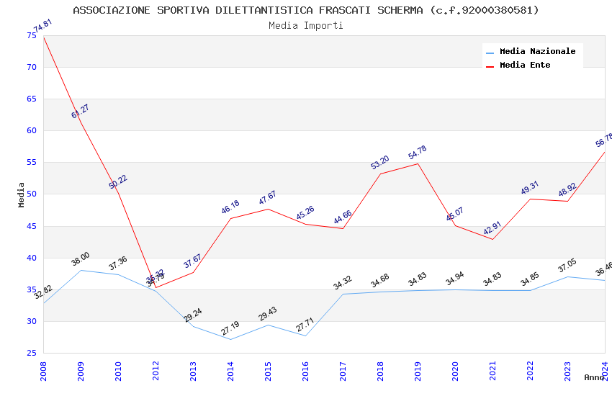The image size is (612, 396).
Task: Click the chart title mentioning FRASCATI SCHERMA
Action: point(306,10)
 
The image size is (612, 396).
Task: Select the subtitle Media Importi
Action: point(306,25)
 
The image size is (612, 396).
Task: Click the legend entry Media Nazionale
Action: point(537,51)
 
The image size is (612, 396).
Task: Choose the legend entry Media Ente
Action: point(525,65)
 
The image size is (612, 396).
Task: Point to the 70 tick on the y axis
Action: point(31,67)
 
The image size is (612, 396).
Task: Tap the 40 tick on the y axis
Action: point(31,258)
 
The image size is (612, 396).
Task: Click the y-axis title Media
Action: point(22,194)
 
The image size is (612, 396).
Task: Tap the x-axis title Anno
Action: point(594,377)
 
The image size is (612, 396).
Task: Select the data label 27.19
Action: point(230,328)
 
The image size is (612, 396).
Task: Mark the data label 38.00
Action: point(81,259)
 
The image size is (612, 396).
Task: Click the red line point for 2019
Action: point(418,163)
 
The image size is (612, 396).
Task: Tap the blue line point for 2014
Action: point(231,339)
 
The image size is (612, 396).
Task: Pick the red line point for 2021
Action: point(492,239)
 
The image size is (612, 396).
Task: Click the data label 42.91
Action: point(492,229)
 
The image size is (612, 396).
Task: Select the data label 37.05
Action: point(567,266)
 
